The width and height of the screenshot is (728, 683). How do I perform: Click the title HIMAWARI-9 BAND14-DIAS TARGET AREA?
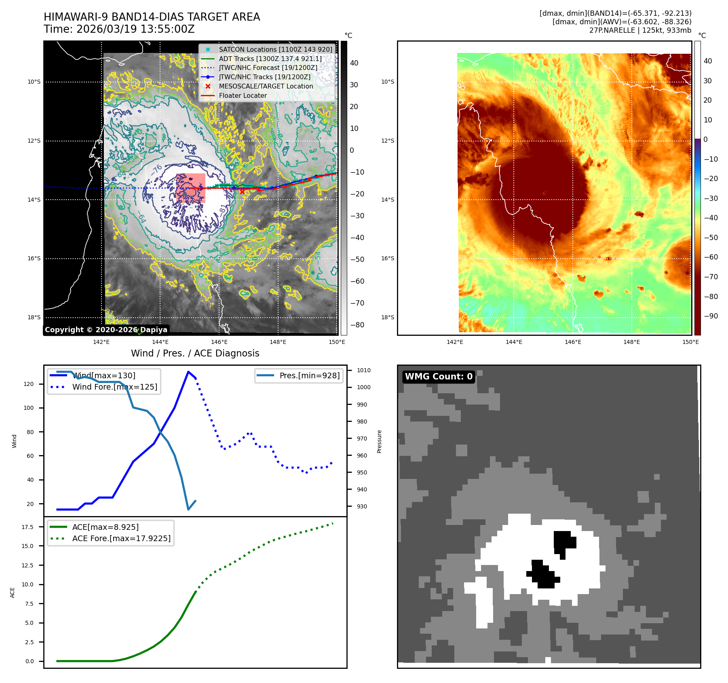(152, 17)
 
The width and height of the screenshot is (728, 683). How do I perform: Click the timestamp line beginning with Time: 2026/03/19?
(119, 29)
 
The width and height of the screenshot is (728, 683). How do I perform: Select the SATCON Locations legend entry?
(275, 49)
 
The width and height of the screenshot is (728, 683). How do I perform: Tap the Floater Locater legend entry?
(243, 96)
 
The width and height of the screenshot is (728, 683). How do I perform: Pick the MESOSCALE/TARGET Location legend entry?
(266, 86)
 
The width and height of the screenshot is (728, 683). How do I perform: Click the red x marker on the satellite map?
(242, 192)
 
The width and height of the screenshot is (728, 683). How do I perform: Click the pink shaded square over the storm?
(190, 188)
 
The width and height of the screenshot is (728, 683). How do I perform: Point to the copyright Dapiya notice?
(106, 330)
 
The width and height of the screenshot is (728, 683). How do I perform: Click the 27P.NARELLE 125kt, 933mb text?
(640, 30)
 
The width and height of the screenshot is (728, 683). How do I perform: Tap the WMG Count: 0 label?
(439, 377)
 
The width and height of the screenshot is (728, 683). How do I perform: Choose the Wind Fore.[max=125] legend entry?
(114, 387)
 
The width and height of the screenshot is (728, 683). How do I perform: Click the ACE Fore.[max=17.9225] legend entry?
(121, 538)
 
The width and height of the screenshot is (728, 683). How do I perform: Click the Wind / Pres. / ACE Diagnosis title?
(195, 353)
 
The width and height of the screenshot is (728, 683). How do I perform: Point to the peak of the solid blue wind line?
(188, 372)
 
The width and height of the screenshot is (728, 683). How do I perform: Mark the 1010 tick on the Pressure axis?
(363, 370)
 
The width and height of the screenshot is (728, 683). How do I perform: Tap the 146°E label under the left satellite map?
(219, 342)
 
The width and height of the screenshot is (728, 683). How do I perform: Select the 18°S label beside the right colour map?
(387, 317)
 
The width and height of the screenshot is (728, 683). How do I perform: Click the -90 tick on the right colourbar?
(711, 316)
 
